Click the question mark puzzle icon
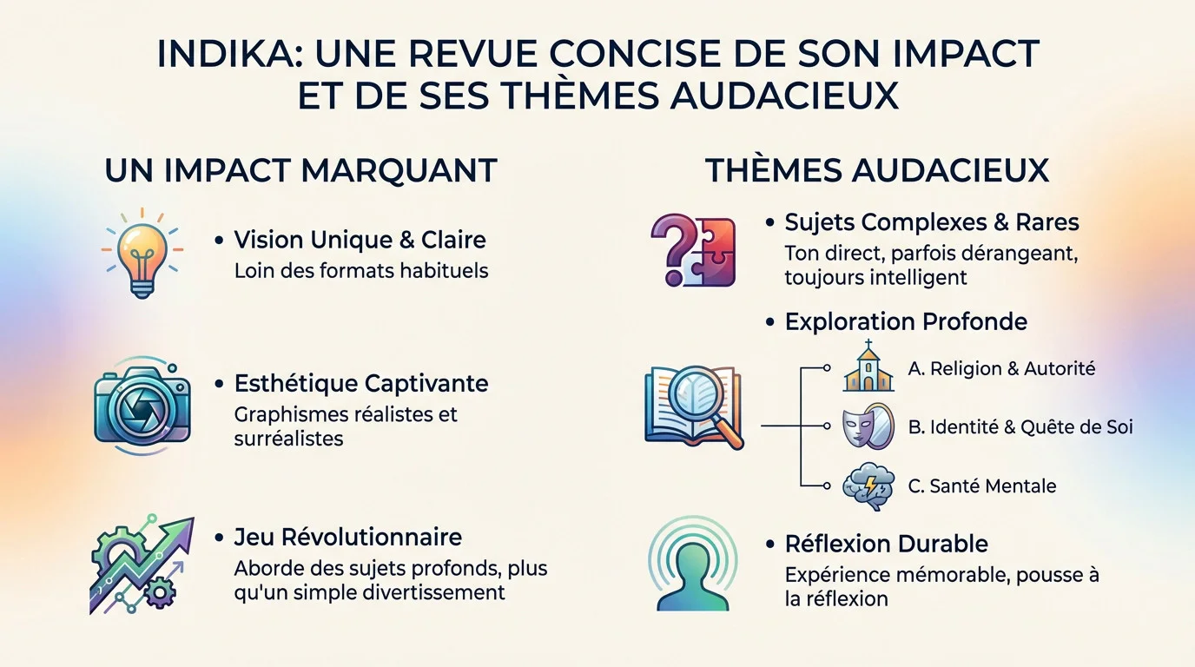(693, 250)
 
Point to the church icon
(868, 366)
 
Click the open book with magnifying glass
(694, 407)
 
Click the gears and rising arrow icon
(142, 565)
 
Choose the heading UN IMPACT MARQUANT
(300, 171)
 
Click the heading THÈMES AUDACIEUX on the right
(877, 170)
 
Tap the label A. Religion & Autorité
(1001, 369)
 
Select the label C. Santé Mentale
(982, 486)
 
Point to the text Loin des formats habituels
(361, 271)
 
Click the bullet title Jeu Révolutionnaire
(348, 538)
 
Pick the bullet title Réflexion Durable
(886, 545)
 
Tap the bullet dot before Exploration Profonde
(769, 321)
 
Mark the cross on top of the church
(868, 344)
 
